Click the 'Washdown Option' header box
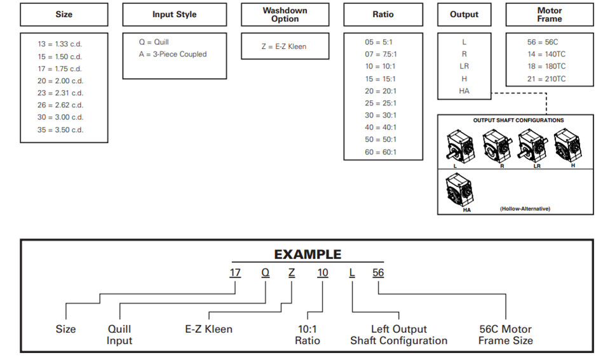[285, 15]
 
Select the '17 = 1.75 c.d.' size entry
[60, 69]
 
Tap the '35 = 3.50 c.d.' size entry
[60, 130]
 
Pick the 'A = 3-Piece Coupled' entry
[173, 54]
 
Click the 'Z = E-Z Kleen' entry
[284, 46]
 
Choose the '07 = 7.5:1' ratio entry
[381, 54]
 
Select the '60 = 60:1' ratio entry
[381, 152]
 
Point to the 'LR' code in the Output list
[464, 67]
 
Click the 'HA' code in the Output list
[464, 91]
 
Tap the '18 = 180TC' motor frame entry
[546, 67]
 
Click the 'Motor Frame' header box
[550, 15]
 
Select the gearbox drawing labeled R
[496, 147]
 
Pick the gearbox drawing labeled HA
[460, 190]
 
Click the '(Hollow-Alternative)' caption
[525, 209]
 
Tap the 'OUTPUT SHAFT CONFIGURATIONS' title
[518, 121]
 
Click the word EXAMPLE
[308, 254]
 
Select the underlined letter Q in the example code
[266, 273]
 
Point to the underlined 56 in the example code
[378, 273]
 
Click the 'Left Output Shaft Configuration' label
[399, 335]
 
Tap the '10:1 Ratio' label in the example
[308, 335]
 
